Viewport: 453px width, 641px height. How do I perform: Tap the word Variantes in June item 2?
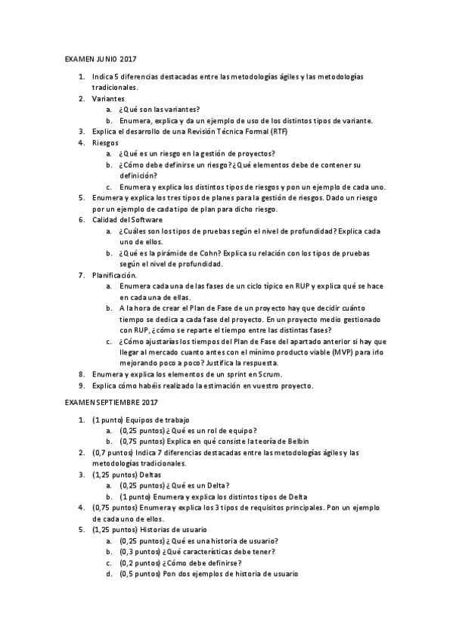(108, 99)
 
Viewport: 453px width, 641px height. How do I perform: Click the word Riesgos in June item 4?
(105, 142)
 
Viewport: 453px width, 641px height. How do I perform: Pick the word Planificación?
(114, 275)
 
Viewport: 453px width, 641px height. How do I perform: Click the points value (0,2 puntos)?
(140, 562)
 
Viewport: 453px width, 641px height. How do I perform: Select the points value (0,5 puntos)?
(140, 574)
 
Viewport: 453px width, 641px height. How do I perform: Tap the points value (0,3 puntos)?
(140, 552)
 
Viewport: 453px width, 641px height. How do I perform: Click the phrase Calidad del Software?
(122, 220)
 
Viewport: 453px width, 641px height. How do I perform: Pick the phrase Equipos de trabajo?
(157, 419)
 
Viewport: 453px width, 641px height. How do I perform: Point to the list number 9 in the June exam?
(82, 386)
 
